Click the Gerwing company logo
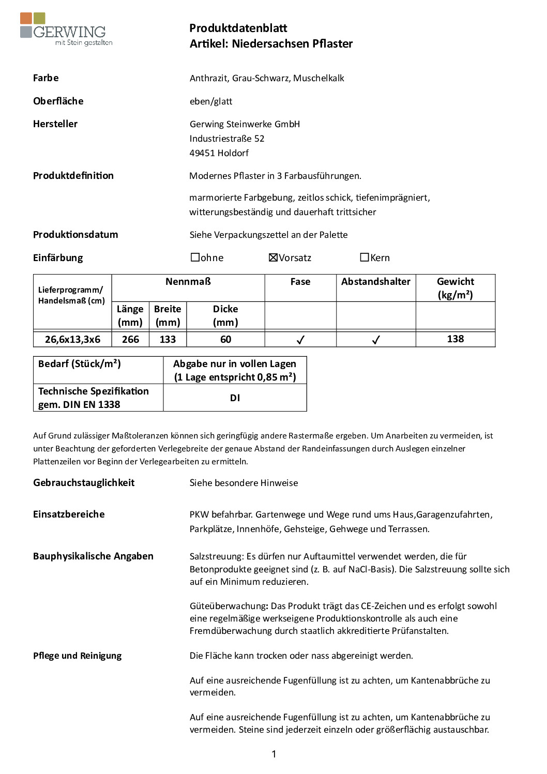click(x=66, y=29)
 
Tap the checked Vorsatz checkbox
click(x=273, y=257)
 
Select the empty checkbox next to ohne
click(x=195, y=257)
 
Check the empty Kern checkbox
click(x=364, y=257)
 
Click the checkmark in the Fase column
click(x=300, y=340)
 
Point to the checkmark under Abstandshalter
click(x=376, y=340)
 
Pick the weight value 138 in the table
click(x=455, y=339)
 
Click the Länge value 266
click(x=130, y=340)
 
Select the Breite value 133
click(x=168, y=340)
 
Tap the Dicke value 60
click(x=225, y=340)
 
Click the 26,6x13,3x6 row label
click(x=72, y=340)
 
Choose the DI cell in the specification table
click(x=235, y=398)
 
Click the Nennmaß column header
click(x=188, y=282)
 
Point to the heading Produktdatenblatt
click(x=238, y=28)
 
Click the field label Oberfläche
click(x=58, y=101)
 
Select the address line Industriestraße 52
click(x=226, y=139)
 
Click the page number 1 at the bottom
click(x=273, y=754)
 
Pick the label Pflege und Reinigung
click(x=77, y=656)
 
